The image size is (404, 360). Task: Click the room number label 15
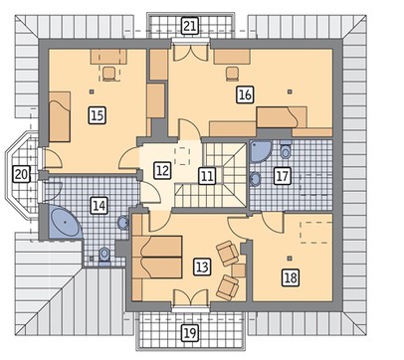(98, 115)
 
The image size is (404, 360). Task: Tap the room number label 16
(245, 94)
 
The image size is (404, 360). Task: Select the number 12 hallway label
(162, 170)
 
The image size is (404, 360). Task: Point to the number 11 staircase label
(207, 176)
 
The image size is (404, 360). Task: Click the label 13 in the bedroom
(202, 267)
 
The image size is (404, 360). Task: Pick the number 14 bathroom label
(100, 206)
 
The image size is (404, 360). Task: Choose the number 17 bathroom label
(283, 176)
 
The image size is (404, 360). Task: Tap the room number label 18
(291, 277)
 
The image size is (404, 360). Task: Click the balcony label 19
(190, 333)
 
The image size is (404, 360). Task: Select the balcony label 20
(21, 174)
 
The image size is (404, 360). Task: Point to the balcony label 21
(190, 26)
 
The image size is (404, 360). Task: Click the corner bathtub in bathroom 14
(65, 222)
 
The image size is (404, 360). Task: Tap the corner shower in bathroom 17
(260, 151)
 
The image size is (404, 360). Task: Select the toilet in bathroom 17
(286, 150)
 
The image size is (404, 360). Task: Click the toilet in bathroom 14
(104, 256)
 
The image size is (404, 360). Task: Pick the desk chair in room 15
(109, 74)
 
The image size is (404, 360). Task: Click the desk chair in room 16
(233, 74)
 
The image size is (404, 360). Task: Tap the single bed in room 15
(60, 116)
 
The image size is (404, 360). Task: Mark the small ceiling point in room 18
(290, 258)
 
